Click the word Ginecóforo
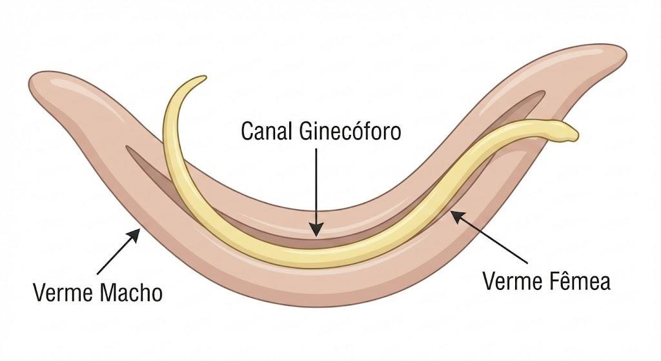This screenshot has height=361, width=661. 350,131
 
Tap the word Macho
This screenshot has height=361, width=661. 131,293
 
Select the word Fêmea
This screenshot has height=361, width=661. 579,281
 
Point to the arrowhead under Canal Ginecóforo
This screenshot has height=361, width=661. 316,229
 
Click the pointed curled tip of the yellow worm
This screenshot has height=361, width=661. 204,77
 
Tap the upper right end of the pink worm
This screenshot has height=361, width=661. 625,55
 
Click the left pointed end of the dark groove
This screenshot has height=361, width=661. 127,148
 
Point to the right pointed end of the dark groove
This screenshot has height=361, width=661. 544,92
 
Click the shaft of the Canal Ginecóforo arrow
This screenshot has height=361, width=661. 316,185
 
